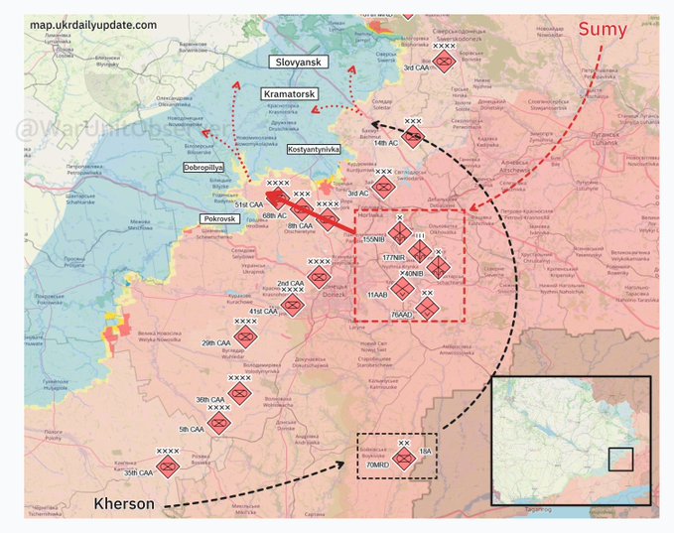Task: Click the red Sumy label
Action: (x=604, y=30)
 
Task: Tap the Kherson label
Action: (x=124, y=504)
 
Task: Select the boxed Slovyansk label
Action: (x=298, y=62)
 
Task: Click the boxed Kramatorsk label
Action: (x=289, y=93)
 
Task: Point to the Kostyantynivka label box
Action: (x=313, y=149)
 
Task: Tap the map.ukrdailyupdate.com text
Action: (x=93, y=24)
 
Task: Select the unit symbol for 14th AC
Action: (x=413, y=137)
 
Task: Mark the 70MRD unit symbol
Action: (x=403, y=459)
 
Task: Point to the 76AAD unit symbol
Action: (x=427, y=310)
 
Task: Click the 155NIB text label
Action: (x=374, y=239)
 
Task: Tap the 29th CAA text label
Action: (x=216, y=342)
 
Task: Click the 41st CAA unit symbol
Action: (x=292, y=305)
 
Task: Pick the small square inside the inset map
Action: (x=620, y=459)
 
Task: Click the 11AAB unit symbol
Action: (x=401, y=289)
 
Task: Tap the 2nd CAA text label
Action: (x=290, y=284)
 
